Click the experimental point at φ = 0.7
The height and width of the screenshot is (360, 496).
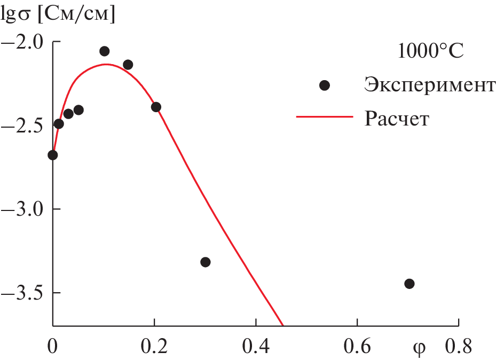[x=409, y=284]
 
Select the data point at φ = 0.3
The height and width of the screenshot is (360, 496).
[x=206, y=262]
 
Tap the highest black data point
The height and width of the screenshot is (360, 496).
[x=105, y=51]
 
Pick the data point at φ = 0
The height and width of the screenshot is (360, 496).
[x=52, y=155]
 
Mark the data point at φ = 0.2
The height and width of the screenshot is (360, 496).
[x=156, y=107]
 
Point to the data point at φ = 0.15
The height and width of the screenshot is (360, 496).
[x=128, y=65]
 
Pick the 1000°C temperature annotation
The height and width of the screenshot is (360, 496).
[x=430, y=52]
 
